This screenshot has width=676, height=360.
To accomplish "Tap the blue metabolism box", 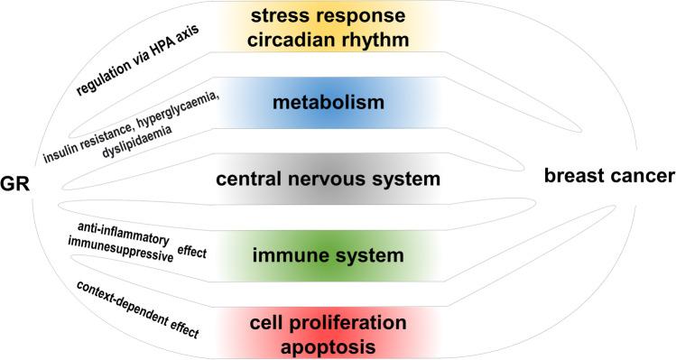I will click(328, 102).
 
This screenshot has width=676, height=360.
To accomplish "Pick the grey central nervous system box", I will click(328, 179).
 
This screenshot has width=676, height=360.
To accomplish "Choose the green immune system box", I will click(327, 256).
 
